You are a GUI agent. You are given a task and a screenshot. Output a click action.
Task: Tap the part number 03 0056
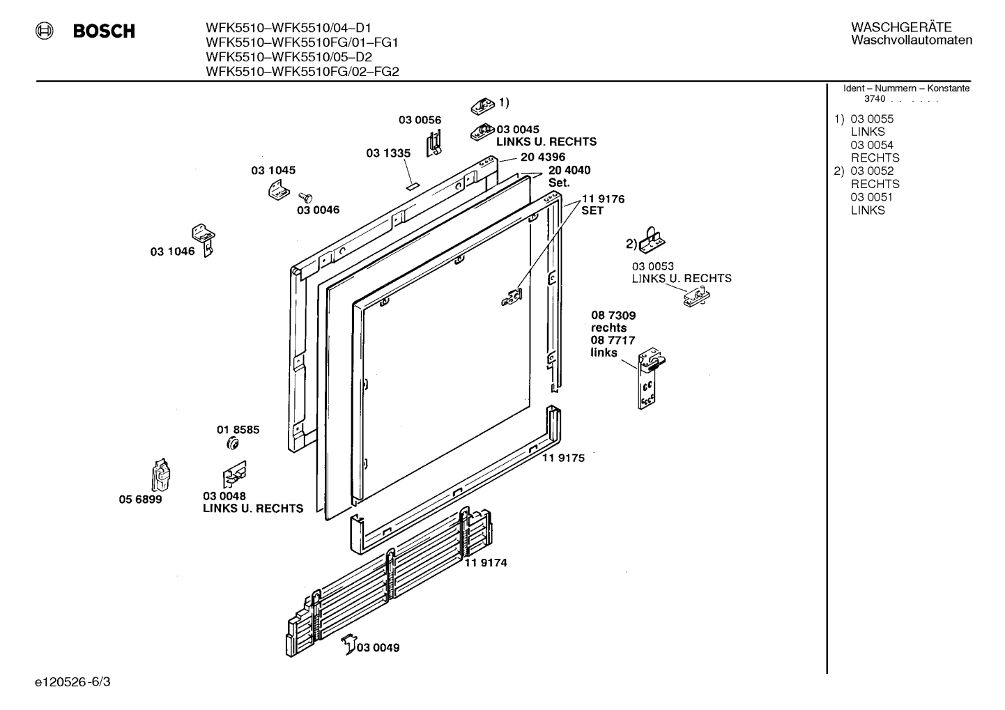coord(420,120)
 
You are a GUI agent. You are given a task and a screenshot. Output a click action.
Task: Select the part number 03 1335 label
coord(388,153)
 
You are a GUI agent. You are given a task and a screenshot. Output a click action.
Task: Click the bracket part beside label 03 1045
coord(281,189)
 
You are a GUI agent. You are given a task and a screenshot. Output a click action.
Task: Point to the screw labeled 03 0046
coord(305,198)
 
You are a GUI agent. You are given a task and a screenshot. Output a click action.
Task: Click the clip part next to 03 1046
coord(204,238)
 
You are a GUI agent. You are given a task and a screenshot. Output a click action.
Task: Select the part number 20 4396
coord(542,157)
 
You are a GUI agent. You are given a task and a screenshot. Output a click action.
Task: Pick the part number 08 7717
coord(613,340)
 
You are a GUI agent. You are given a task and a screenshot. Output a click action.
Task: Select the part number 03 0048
coord(224,496)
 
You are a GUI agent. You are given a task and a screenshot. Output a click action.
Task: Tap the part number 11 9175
coord(564,458)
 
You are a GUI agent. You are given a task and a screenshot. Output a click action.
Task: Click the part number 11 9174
coord(486,562)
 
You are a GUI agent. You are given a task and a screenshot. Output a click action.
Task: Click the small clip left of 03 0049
coord(348,644)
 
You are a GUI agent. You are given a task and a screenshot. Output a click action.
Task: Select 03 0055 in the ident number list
coord(871,118)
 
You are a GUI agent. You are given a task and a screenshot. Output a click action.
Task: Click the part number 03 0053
coord(652,266)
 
